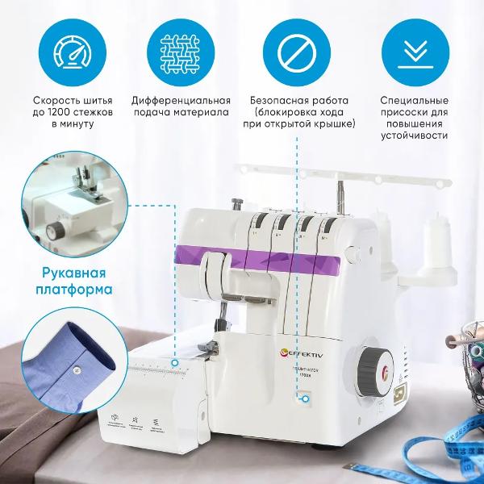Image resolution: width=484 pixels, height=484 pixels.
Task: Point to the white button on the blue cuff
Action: pyautogui.click(x=75, y=369)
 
